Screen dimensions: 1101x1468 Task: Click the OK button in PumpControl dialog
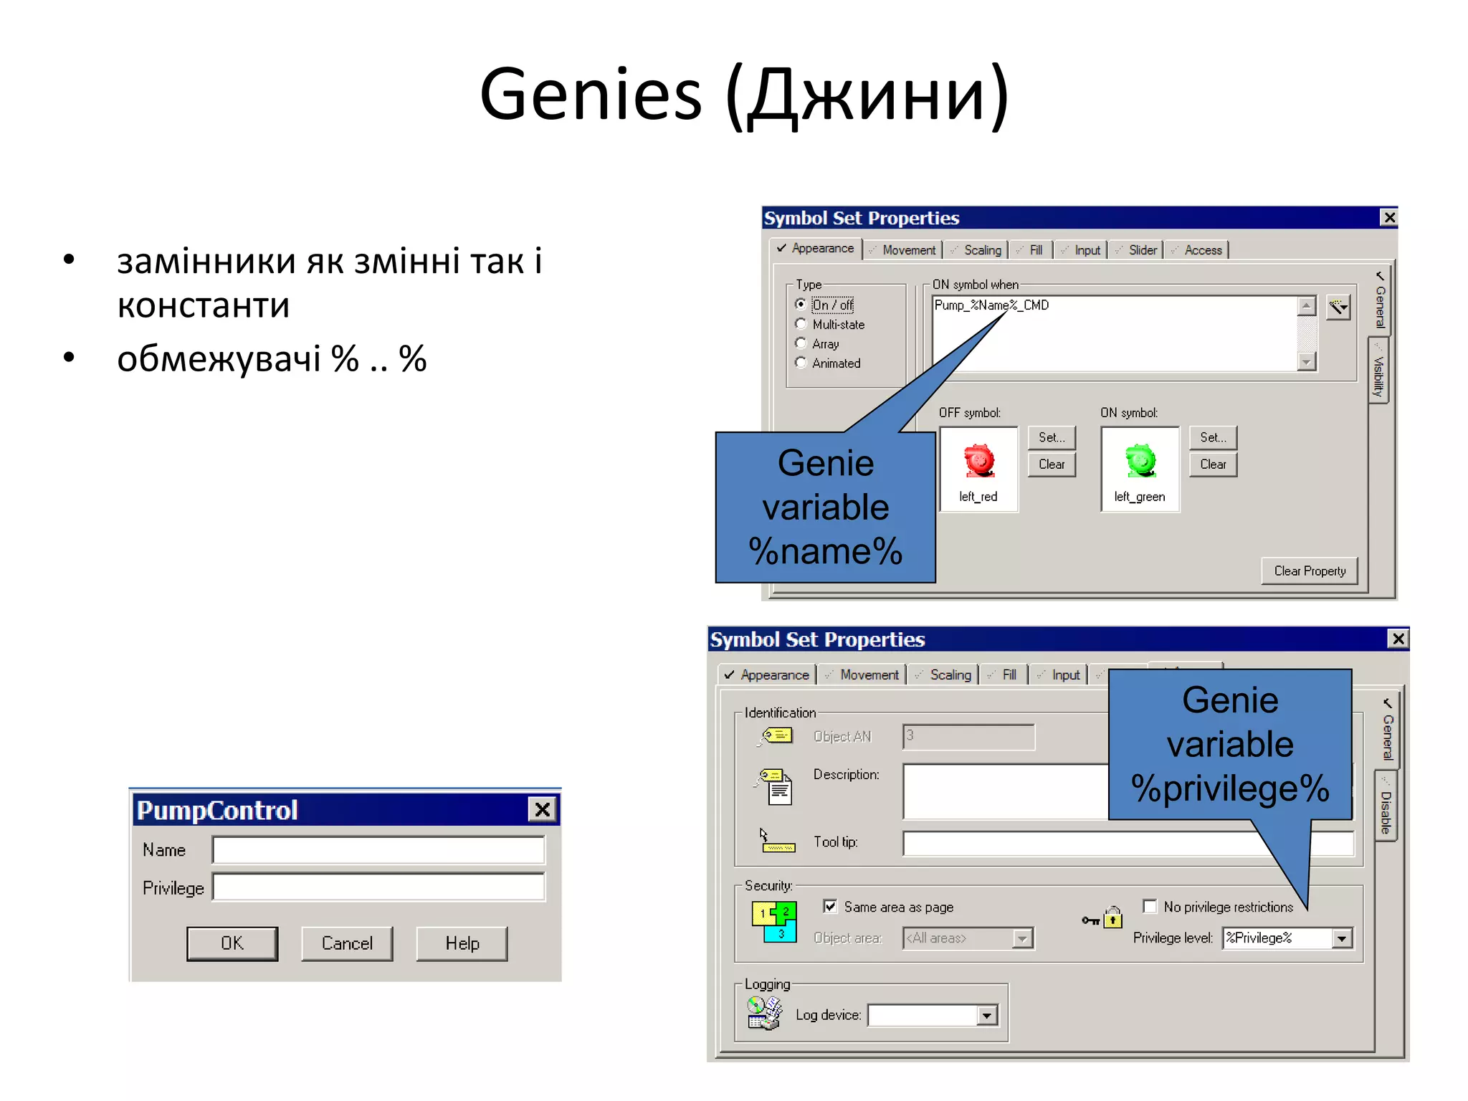pyautogui.click(x=232, y=943)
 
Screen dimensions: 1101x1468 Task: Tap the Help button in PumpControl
pyautogui.click(x=462, y=943)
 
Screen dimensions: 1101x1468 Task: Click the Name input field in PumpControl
pyautogui.click(x=378, y=850)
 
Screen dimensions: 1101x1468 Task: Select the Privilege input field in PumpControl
pyautogui.click(x=378, y=888)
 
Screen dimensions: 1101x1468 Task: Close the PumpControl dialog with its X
pyautogui.click(x=543, y=810)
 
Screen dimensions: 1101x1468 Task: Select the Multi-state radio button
pyautogui.click(x=801, y=324)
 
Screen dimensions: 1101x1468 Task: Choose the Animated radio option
pyautogui.click(x=801, y=363)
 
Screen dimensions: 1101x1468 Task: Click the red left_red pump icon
pyautogui.click(x=979, y=460)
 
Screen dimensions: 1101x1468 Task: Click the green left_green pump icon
pyautogui.click(x=1140, y=460)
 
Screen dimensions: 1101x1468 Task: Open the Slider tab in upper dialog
pyautogui.click(x=1141, y=250)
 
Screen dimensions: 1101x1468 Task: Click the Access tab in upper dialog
pyautogui.click(x=1202, y=250)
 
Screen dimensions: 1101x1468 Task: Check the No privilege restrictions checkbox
pyautogui.click(x=1150, y=907)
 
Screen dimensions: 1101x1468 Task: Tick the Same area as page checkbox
pyautogui.click(x=830, y=907)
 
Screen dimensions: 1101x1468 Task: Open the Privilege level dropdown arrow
pyautogui.click(x=1342, y=938)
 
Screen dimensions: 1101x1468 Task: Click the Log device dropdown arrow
pyautogui.click(x=987, y=1016)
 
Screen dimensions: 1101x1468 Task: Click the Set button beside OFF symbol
pyautogui.click(x=1052, y=437)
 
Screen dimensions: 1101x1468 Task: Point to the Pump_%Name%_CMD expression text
pyautogui.click(x=991, y=305)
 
